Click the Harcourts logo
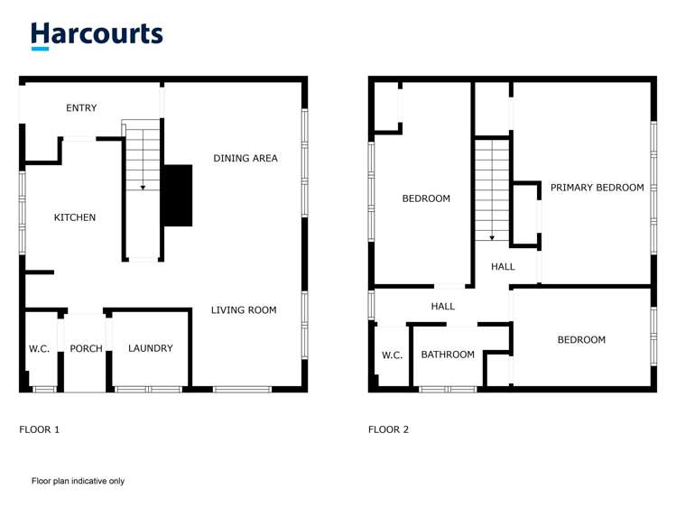97,36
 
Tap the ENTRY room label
81,108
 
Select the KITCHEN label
75,217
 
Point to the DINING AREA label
245,158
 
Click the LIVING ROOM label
244,310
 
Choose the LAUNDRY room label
150,348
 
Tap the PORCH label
87,348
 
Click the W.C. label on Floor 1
39,348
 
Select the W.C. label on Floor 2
392,355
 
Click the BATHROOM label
448,355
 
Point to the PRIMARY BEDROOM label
597,188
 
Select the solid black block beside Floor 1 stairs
178,195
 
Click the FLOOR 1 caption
39,429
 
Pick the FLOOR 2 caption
388,429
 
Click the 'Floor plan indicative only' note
78,481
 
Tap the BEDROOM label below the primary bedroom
581,340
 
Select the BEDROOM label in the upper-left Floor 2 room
425,198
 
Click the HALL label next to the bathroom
443,307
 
